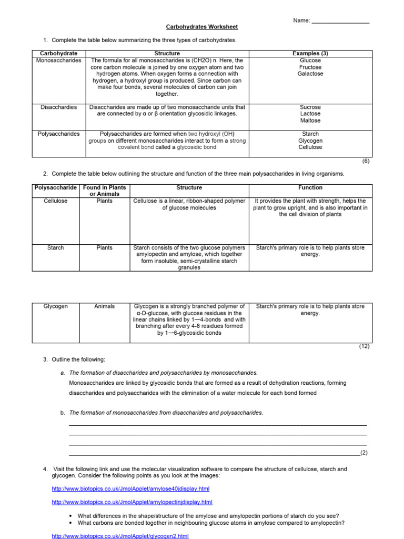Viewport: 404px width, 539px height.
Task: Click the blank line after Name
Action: [340, 22]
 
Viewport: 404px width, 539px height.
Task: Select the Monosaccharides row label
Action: [58, 61]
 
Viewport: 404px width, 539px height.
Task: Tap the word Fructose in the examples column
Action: [310, 67]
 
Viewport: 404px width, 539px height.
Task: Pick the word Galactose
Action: [310, 74]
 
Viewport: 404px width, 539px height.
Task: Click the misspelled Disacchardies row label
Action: [58, 107]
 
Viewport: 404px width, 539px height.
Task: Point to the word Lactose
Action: [310, 114]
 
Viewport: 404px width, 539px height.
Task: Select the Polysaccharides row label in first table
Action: [58, 134]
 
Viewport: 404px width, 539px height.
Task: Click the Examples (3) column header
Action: [310, 54]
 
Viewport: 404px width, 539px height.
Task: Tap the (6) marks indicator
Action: [366, 162]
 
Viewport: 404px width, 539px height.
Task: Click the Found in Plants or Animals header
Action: [105, 191]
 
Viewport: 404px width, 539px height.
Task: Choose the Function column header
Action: [310, 187]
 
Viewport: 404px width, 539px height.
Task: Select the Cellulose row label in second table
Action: [55, 201]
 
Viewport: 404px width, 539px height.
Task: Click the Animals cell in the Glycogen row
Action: [105, 306]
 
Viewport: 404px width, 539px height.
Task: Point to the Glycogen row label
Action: [55, 306]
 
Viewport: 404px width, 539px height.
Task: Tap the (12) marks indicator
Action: [365, 346]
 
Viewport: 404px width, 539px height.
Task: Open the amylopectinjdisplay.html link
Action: [132, 503]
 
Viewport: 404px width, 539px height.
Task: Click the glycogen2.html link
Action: [120, 536]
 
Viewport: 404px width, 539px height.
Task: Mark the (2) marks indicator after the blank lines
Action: [364, 453]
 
